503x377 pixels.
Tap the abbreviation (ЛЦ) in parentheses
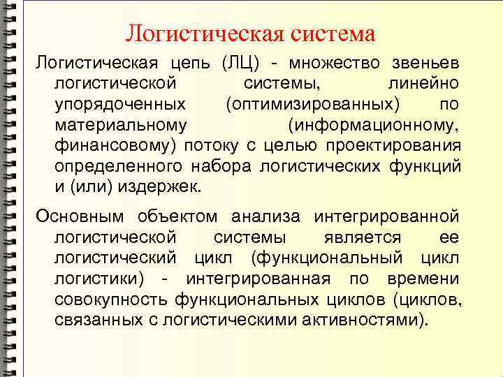pos(240,64)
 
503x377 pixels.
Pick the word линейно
pos(423,84)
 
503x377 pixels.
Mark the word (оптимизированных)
pos(313,105)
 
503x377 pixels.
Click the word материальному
pos(119,126)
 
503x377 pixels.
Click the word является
pos(363,237)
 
